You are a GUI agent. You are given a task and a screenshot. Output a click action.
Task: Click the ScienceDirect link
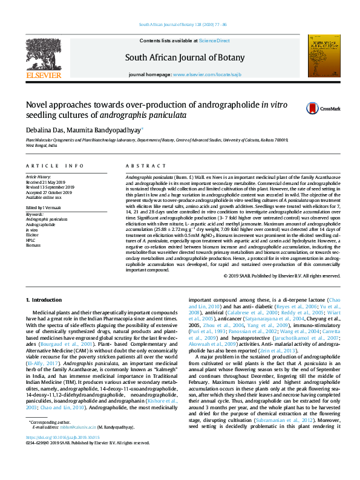click(215, 41)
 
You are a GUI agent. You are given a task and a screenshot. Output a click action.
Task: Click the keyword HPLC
click(30, 238)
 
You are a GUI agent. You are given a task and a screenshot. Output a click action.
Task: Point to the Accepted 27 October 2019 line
click(50, 191)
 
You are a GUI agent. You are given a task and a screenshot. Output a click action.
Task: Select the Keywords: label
click(34, 213)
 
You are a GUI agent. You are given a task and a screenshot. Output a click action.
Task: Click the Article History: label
click(38, 177)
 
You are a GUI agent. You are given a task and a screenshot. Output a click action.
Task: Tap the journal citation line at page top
click(183, 24)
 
